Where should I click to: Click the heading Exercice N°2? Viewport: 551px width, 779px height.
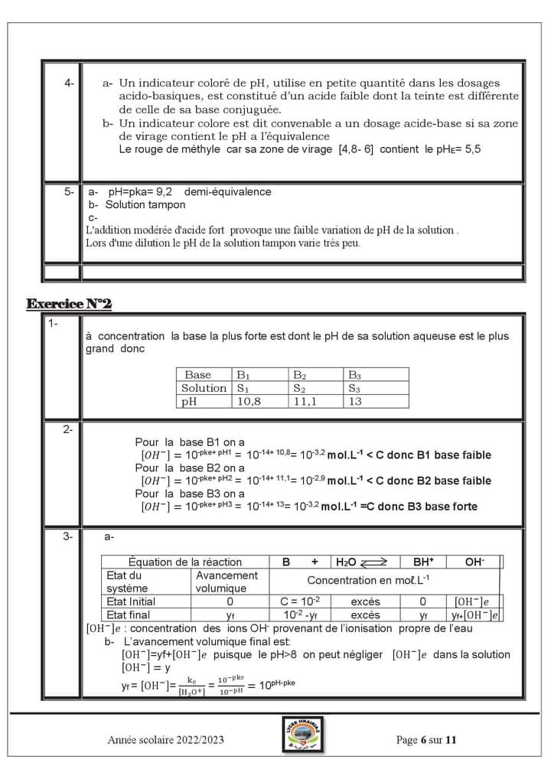[x=69, y=305]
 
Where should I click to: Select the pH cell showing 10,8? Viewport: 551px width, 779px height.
[x=249, y=401]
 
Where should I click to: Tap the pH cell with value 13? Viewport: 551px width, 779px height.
[x=355, y=401]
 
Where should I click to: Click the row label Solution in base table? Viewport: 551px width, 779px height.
[x=204, y=388]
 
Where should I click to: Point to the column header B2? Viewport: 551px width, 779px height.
[x=300, y=375]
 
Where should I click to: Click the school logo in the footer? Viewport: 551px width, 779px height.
[x=300, y=738]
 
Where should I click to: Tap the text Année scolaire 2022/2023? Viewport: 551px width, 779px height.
[x=166, y=740]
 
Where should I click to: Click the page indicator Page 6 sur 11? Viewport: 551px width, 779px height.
[x=426, y=740]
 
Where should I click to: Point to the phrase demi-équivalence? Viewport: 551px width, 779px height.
[x=227, y=192]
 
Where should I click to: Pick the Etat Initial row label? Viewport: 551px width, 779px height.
[x=131, y=601]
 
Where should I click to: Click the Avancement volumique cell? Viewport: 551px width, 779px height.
[x=227, y=582]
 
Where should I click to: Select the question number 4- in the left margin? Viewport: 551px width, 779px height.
[x=70, y=83]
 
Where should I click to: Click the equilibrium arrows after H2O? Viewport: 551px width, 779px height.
[x=374, y=562]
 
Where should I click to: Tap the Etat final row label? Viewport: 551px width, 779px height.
[x=129, y=614]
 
